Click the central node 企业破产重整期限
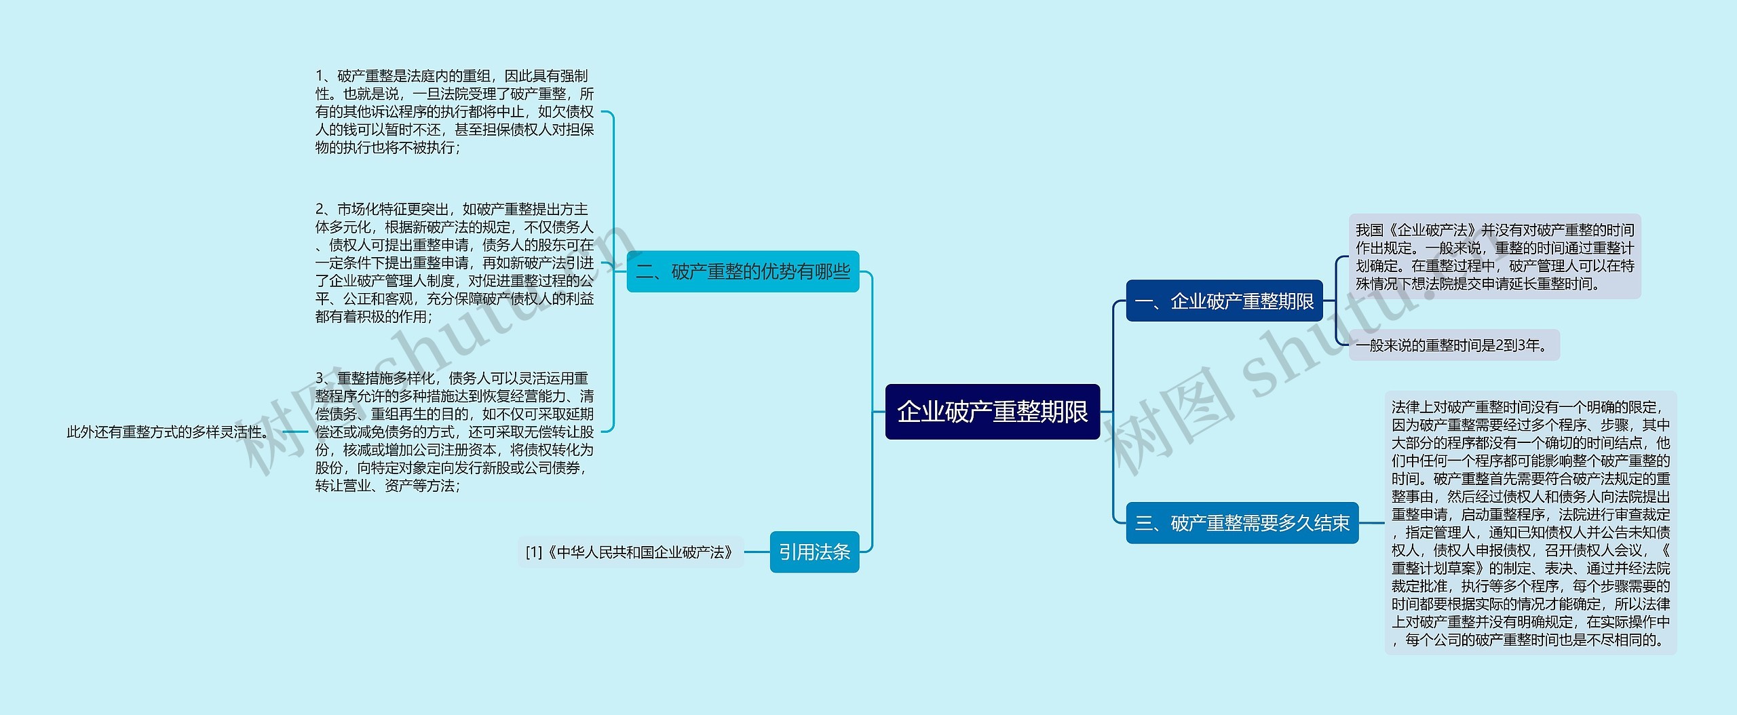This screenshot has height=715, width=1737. click(x=992, y=412)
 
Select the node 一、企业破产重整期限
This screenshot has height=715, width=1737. click(x=1224, y=301)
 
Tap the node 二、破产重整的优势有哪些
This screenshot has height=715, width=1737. click(x=742, y=271)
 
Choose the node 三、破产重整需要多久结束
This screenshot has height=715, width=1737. click(x=1242, y=523)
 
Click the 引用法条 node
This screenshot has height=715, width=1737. click(x=814, y=552)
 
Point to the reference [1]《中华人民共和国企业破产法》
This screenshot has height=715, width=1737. click(x=630, y=552)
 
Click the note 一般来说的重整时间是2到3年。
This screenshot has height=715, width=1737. click(x=1453, y=345)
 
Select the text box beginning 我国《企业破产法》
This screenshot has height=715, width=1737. click(x=1494, y=256)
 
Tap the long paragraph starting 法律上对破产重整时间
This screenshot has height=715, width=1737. click(x=1530, y=523)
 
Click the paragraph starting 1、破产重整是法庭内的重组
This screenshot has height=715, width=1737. click(x=454, y=112)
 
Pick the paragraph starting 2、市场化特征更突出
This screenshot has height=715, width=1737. click(x=454, y=263)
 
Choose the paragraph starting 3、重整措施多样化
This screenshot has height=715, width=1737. click(x=454, y=431)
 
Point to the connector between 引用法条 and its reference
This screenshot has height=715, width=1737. click(x=757, y=552)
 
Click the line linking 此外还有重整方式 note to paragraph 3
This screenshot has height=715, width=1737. click(x=295, y=431)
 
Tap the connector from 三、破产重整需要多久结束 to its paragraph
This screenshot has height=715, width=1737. click(x=1371, y=523)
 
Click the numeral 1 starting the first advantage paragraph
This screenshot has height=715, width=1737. click(x=320, y=76)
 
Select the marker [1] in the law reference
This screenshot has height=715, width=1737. click(x=534, y=552)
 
